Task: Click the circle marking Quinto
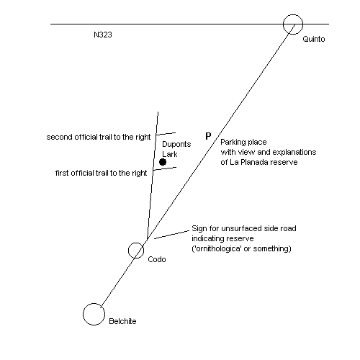point(293,15)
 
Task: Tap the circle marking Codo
point(136,243)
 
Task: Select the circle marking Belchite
point(94,304)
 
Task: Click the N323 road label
point(103,35)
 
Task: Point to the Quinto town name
point(314,39)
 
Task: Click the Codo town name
point(157,259)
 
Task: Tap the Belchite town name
point(122,321)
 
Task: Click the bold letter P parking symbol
point(208,136)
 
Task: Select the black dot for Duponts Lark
point(163,162)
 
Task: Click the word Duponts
point(176,144)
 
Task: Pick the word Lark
point(170,154)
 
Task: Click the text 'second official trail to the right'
point(99,138)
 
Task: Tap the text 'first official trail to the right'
point(101,173)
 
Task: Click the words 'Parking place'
point(243,142)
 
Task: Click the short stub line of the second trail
point(166,134)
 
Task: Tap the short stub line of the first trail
point(165,168)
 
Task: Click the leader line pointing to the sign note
point(171,235)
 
